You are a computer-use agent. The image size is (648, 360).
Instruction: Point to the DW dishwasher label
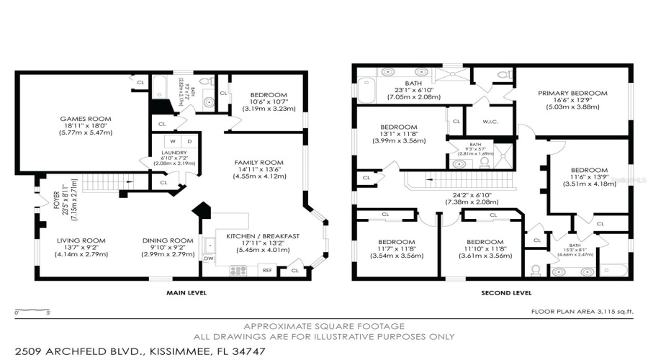coord(209,258)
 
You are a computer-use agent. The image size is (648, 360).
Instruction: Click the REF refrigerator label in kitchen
coord(267,271)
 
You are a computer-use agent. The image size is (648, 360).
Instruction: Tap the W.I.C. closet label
coord(492,121)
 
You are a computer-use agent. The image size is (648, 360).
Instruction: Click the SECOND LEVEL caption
coord(506,293)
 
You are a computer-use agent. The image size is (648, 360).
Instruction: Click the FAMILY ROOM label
coord(258,163)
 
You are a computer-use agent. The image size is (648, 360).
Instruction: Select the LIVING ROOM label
coord(81,240)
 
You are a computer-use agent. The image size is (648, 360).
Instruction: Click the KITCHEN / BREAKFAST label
coord(262,236)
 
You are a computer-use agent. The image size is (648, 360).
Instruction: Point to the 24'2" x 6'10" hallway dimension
coord(472,195)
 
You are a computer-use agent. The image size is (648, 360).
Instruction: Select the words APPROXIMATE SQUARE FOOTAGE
coord(324,326)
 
